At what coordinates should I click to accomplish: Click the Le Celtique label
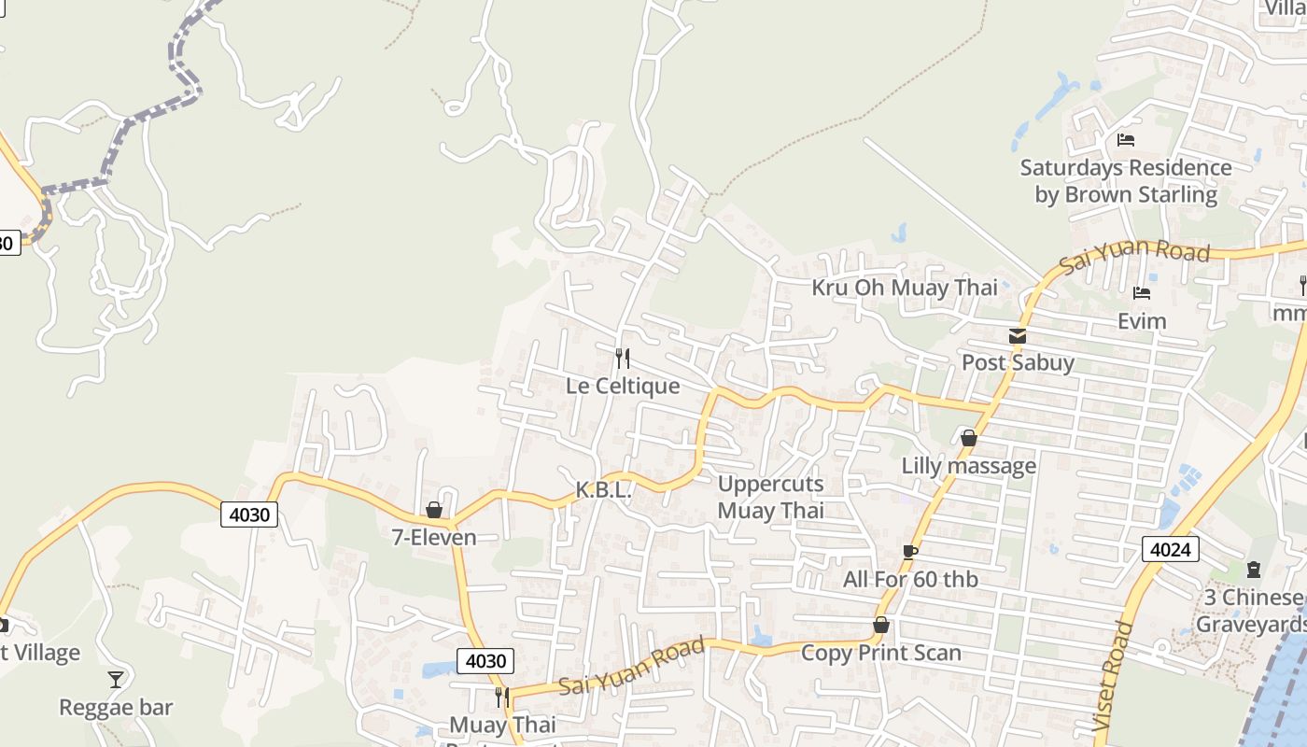[623, 386]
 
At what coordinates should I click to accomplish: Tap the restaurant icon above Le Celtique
[622, 358]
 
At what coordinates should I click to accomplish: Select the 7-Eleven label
[434, 538]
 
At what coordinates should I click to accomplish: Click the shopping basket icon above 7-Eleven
[434, 510]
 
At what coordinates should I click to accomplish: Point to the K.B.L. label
[603, 489]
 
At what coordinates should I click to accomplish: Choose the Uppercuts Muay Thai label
[770, 497]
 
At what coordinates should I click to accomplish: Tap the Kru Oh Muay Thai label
[904, 288]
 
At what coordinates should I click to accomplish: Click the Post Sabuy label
[1018, 362]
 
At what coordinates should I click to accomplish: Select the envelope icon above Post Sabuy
[1018, 336]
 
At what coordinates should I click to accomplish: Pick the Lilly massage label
[968, 465]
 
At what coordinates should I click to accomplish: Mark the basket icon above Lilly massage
[969, 437]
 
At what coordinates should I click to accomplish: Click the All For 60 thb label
[910, 579]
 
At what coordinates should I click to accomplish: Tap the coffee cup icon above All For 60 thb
[909, 552]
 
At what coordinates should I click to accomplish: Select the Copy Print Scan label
[880, 653]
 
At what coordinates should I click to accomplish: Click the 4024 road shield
[1171, 549]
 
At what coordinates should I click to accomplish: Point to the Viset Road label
[1110, 676]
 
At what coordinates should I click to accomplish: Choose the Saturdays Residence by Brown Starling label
[1126, 181]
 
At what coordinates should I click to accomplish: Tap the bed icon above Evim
[1141, 293]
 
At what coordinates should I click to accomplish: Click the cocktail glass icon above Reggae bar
[116, 679]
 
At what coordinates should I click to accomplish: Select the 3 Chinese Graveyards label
[1251, 611]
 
